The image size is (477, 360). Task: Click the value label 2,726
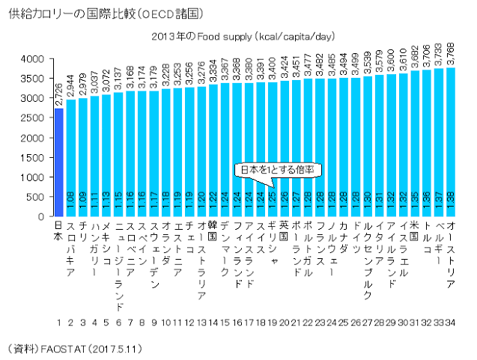pos(59,97)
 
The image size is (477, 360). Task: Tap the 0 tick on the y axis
pos(45,216)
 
